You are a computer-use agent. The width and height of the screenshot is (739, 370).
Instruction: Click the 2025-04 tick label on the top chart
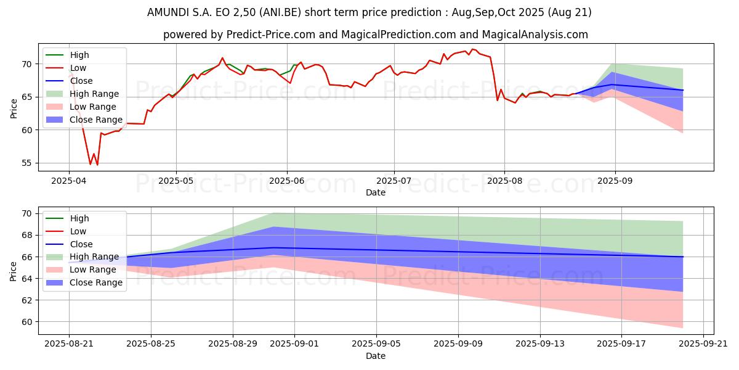68,181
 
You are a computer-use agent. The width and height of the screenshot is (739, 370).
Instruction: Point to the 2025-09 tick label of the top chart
615,181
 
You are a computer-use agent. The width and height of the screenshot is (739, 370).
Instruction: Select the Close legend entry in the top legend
83,81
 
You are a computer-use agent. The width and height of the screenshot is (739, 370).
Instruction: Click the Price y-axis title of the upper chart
14,109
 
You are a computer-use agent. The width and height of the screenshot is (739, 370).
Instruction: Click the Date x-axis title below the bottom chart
376,356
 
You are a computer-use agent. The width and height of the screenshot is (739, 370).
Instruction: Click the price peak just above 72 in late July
472,49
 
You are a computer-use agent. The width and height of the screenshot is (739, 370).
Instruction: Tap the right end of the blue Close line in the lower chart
683,257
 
